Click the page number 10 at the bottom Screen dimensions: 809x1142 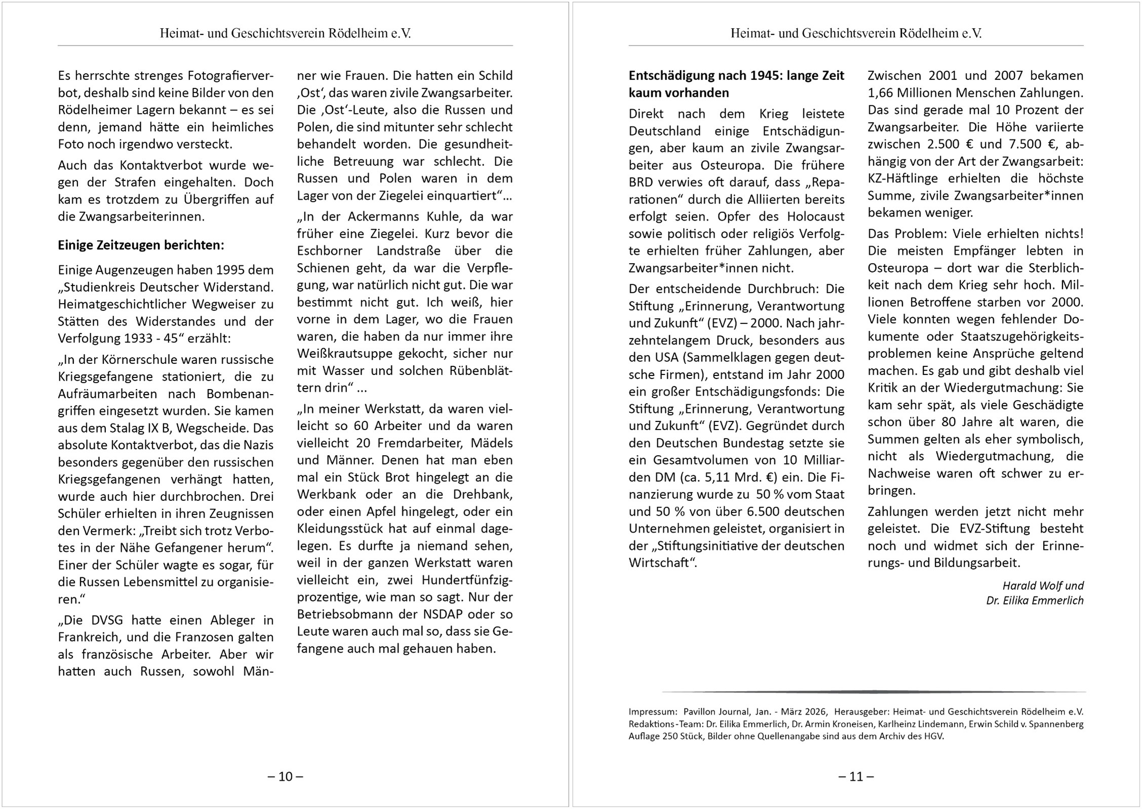click(x=285, y=776)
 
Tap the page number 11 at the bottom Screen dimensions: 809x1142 click(x=856, y=776)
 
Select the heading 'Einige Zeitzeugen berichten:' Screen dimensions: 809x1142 click(x=141, y=245)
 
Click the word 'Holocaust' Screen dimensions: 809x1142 click(x=815, y=217)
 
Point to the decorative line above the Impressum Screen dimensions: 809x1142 click(x=874, y=691)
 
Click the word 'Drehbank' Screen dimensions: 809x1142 click(x=485, y=494)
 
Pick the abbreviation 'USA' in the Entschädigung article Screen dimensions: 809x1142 click(x=666, y=358)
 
